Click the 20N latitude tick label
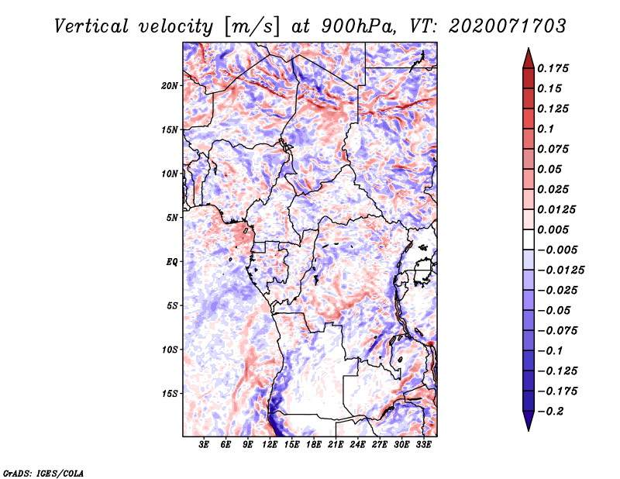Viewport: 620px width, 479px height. (169, 86)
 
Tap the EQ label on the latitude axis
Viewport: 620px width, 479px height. (171, 262)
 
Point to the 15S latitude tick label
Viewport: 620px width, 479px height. (170, 394)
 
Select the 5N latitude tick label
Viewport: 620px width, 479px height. (171, 218)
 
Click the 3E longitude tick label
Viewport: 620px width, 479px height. (204, 445)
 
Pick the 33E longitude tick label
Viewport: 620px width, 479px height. (423, 445)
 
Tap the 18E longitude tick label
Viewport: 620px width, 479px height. (314, 445)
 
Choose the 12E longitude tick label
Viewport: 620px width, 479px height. (270, 445)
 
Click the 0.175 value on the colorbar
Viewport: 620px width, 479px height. (553, 68)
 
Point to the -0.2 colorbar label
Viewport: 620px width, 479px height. (550, 412)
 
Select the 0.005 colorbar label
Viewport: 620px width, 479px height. (553, 229)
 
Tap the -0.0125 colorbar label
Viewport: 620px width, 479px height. (560, 271)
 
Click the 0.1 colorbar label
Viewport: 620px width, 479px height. (546, 129)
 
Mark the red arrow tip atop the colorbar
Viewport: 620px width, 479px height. (529, 48)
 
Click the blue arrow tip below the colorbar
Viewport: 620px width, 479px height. (529, 430)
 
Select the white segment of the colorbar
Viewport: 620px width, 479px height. (529, 239)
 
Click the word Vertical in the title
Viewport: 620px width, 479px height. (91, 26)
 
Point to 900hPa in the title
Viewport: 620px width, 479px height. (358, 26)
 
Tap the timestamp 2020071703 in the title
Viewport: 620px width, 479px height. (508, 26)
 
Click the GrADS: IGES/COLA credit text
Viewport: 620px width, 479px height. (43, 474)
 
